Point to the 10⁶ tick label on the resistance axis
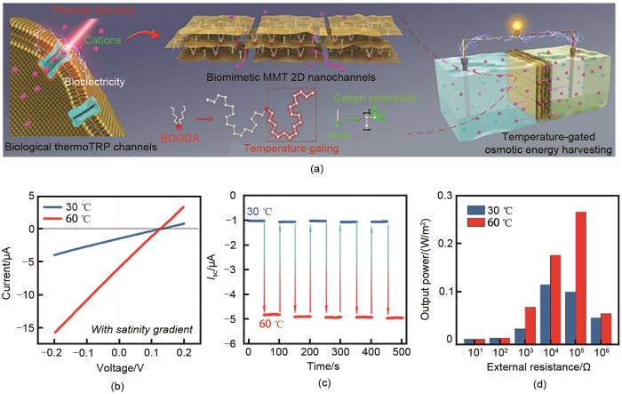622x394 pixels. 590,354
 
